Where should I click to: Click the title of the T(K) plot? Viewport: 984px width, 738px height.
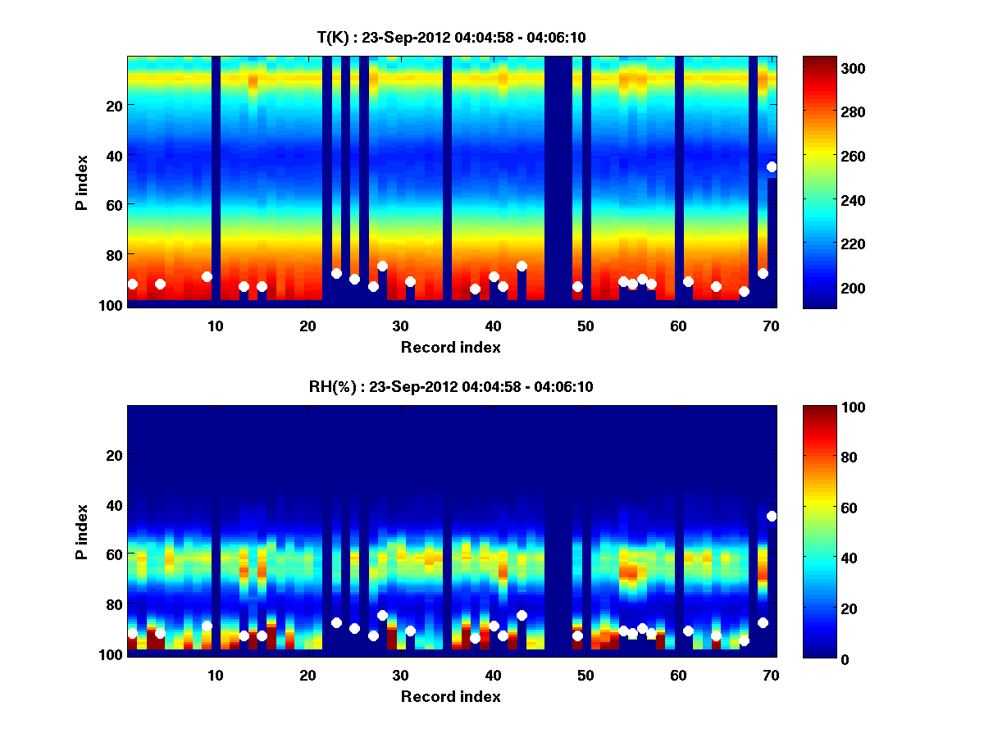(451, 37)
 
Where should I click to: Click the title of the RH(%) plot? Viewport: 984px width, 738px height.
(451, 386)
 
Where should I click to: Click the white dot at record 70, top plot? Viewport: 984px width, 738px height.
(772, 166)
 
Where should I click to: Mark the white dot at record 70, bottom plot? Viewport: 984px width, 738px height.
(772, 516)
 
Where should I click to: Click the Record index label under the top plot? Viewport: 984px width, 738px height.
(451, 348)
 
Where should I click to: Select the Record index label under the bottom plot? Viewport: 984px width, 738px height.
(451, 697)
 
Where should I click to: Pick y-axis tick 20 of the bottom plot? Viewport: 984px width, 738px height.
(114, 455)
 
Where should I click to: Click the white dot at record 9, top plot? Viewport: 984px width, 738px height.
(207, 276)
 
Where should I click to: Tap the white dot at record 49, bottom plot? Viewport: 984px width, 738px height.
(577, 635)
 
